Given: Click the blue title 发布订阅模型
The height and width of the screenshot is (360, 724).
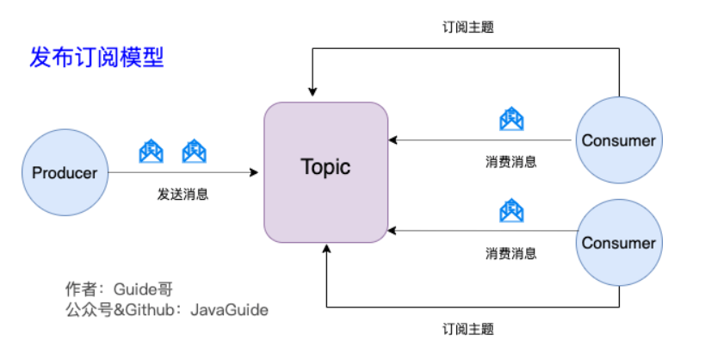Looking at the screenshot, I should pyautogui.click(x=96, y=58).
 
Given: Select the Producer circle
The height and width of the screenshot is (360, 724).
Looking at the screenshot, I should pyautogui.click(x=65, y=172).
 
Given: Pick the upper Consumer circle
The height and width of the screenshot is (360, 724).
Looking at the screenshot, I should pyautogui.click(x=619, y=140).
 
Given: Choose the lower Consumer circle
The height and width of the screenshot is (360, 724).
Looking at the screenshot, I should pyautogui.click(x=619, y=243).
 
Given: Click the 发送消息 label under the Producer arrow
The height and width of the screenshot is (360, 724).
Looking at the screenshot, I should pyautogui.click(x=183, y=195).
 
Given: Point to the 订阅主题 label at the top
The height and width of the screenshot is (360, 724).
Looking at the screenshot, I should pyautogui.click(x=467, y=27).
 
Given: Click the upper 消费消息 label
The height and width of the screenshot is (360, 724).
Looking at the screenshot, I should pyautogui.click(x=511, y=161).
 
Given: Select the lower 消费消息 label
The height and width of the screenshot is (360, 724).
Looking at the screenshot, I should pyautogui.click(x=511, y=254).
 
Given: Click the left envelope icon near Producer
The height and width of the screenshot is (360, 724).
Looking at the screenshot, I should pyautogui.click(x=152, y=152).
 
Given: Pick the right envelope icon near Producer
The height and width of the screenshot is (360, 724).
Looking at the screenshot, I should pyautogui.click(x=194, y=152).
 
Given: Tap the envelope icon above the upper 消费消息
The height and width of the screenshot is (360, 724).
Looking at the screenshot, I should pyautogui.click(x=511, y=118).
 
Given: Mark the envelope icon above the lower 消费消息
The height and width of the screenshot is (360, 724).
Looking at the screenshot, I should pyautogui.click(x=511, y=211).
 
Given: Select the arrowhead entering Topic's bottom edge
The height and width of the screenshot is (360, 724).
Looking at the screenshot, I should pyautogui.click(x=326, y=249).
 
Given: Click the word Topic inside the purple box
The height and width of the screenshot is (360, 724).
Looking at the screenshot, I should pyautogui.click(x=325, y=166).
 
